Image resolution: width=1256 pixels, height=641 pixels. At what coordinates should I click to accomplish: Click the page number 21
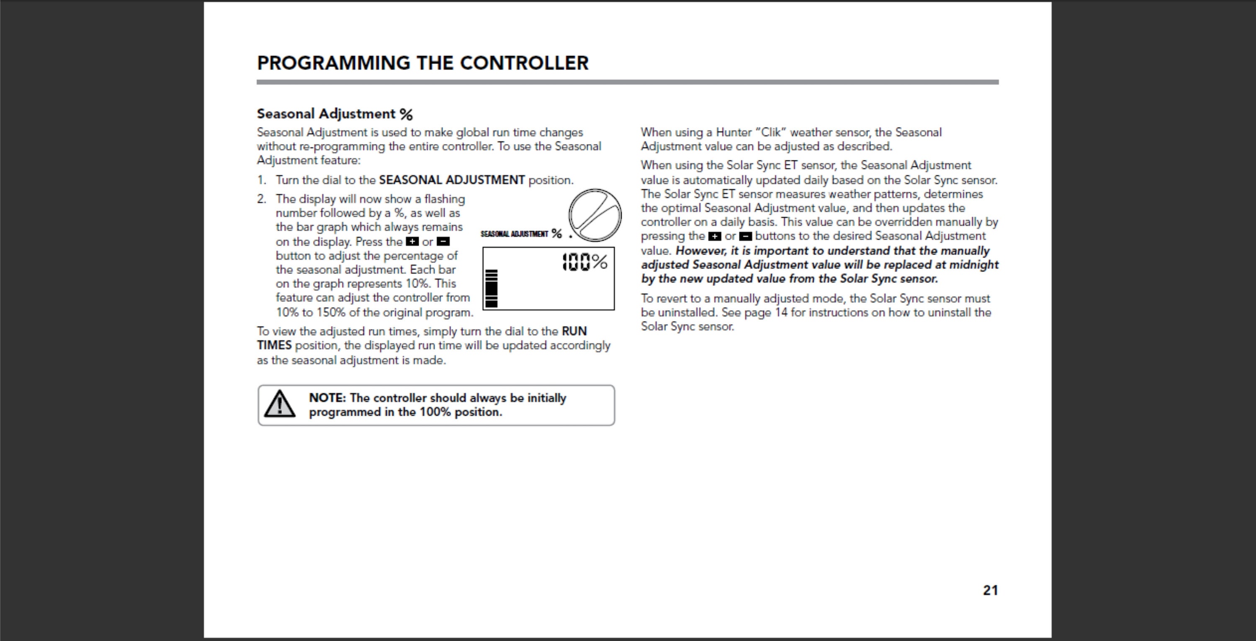(990, 590)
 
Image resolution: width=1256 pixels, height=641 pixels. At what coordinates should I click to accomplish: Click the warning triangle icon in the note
(279, 404)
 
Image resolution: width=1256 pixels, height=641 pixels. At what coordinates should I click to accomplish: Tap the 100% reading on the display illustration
(584, 262)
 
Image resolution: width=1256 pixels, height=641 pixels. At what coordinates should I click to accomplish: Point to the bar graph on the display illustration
(492, 288)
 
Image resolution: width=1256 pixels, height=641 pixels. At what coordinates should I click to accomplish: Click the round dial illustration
(595, 215)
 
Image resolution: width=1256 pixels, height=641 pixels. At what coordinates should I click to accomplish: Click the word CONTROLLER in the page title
(524, 63)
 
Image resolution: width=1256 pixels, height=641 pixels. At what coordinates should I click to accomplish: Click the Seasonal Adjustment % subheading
(335, 114)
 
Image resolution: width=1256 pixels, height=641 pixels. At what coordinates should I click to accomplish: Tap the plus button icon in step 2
(412, 242)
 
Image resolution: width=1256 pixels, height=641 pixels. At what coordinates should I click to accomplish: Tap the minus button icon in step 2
(443, 242)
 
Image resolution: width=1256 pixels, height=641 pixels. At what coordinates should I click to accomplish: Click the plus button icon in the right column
(715, 237)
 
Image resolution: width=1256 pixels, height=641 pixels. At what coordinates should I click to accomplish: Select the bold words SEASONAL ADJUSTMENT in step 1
(451, 180)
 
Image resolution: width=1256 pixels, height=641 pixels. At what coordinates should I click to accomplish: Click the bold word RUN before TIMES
(574, 332)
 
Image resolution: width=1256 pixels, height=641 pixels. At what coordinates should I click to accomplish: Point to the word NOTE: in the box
(327, 398)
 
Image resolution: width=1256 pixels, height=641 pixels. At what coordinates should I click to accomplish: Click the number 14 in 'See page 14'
(781, 312)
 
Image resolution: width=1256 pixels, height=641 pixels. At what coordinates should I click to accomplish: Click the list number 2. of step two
(262, 199)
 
